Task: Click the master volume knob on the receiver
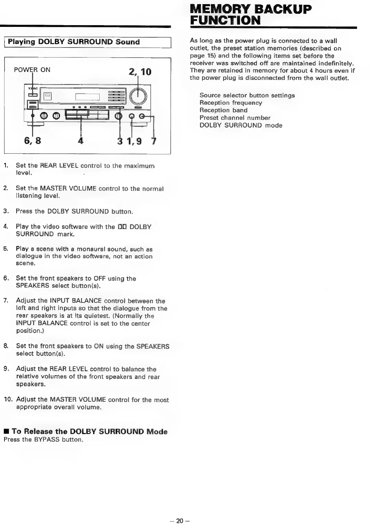coord(138,96)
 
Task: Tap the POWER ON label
coord(32,70)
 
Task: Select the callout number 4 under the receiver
coord(81,141)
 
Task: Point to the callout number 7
coord(154,141)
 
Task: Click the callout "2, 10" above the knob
coord(140,72)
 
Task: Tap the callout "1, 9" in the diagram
coord(134,141)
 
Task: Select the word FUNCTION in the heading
coord(225,20)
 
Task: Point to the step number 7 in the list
coord(6,301)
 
